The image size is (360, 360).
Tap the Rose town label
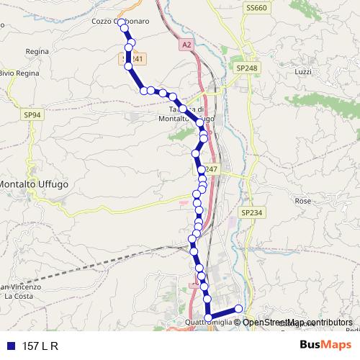(x=303, y=201)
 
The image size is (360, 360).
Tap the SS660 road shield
(x=255, y=8)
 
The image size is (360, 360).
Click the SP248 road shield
(x=246, y=68)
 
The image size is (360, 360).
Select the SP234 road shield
(x=252, y=213)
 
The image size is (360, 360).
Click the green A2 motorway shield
(x=186, y=45)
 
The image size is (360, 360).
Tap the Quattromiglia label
(x=208, y=322)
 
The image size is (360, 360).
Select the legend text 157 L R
(x=40, y=345)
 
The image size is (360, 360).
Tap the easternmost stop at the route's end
(x=239, y=310)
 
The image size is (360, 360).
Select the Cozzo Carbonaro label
(x=120, y=22)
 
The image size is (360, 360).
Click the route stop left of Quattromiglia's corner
(x=208, y=317)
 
